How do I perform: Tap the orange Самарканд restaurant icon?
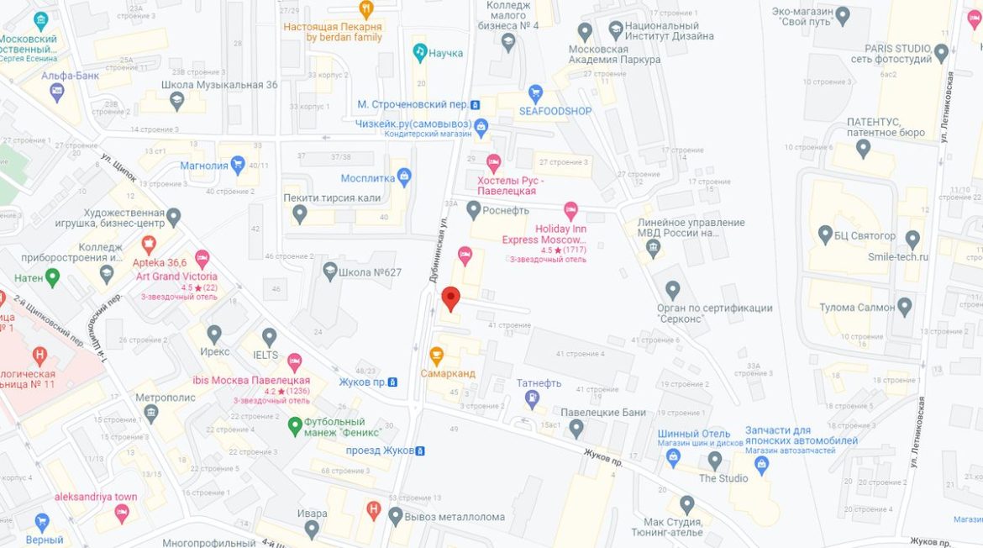pos(436,355)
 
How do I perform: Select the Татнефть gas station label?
pos(539,383)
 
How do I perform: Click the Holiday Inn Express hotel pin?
pos(570,209)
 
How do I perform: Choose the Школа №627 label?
pos(370,272)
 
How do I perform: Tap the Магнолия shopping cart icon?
pos(238,165)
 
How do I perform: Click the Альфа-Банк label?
pos(70,76)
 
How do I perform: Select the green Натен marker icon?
pos(52,276)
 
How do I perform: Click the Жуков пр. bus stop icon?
pos(392,382)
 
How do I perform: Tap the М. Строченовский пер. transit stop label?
pos(412,105)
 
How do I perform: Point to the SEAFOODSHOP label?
pos(555,111)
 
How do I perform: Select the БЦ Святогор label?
pos(865,235)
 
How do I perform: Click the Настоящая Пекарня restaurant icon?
pos(365,9)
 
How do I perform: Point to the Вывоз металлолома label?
pos(455,517)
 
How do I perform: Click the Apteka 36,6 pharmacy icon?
pos(149,245)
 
